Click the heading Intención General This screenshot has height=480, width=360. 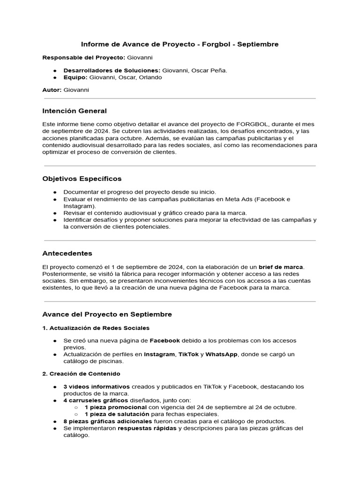pos(75,111)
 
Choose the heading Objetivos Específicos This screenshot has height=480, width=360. pos(82,179)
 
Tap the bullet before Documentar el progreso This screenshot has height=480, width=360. pos(55,192)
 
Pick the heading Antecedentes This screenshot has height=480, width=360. pos(67,254)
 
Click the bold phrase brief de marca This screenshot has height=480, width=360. pos(281,267)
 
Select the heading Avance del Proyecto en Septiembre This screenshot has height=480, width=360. pos(107,314)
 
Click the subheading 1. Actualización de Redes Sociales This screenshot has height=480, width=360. pos(96,328)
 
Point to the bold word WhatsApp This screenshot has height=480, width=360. pos(222,354)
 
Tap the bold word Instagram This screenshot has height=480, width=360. pos(159,354)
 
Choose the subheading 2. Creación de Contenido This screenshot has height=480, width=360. pos(81,374)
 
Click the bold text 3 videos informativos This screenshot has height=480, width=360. pos(97,387)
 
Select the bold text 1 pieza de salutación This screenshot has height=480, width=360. pos(117,414)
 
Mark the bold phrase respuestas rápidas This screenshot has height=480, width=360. pos(147,428)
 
